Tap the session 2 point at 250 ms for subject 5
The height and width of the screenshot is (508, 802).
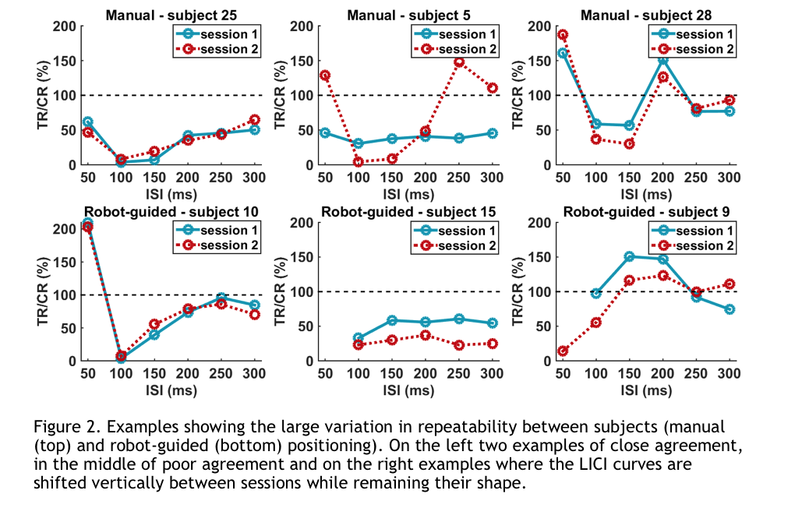point(459,62)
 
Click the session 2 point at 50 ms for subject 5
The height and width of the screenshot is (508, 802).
point(325,76)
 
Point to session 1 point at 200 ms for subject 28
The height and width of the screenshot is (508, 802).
point(662,60)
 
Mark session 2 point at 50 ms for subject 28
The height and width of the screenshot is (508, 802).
point(562,35)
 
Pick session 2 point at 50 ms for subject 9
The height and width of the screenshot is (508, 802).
point(562,351)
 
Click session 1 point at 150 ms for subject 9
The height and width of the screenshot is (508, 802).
point(629,256)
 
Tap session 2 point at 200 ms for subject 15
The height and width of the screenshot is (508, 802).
point(426,335)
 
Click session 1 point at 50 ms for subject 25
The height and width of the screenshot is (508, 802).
point(87,122)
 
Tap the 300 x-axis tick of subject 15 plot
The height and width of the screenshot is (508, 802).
point(492,375)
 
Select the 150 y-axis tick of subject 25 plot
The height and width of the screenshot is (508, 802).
point(68,61)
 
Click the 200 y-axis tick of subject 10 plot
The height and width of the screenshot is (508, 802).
point(69,229)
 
